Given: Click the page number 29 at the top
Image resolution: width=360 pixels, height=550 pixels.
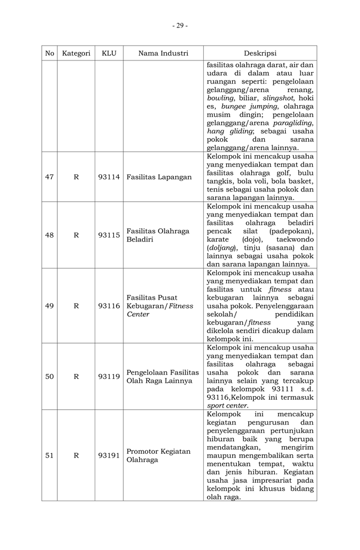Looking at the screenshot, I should (179, 25).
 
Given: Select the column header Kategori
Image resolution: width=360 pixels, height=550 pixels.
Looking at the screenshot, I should (76, 53).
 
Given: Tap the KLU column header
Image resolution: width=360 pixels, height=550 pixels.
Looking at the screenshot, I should (109, 53).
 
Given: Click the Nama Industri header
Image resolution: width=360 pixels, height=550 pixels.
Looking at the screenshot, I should (163, 53).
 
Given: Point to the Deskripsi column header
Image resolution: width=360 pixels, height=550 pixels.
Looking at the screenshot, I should (260, 53).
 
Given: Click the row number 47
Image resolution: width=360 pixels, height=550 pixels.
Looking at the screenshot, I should (50, 177).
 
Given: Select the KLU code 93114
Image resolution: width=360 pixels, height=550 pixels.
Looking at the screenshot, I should (109, 177).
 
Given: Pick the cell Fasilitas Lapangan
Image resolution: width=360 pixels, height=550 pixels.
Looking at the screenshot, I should (159, 177).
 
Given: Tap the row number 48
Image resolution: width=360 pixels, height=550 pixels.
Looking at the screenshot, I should (50, 235).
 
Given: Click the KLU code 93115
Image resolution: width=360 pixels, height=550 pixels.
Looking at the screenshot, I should (109, 235).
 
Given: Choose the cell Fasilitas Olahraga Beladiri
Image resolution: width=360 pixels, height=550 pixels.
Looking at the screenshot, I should (158, 235).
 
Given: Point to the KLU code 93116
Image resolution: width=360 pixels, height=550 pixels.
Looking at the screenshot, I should (109, 306).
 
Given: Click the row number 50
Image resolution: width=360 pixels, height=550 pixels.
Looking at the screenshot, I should (50, 377).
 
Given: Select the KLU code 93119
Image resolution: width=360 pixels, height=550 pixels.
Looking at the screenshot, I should (109, 377).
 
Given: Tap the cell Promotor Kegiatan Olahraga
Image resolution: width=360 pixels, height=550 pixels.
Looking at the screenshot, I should (159, 455).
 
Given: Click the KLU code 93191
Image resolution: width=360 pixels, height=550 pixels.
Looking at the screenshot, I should (109, 455).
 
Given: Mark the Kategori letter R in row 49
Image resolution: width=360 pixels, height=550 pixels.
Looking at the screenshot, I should (76, 306).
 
